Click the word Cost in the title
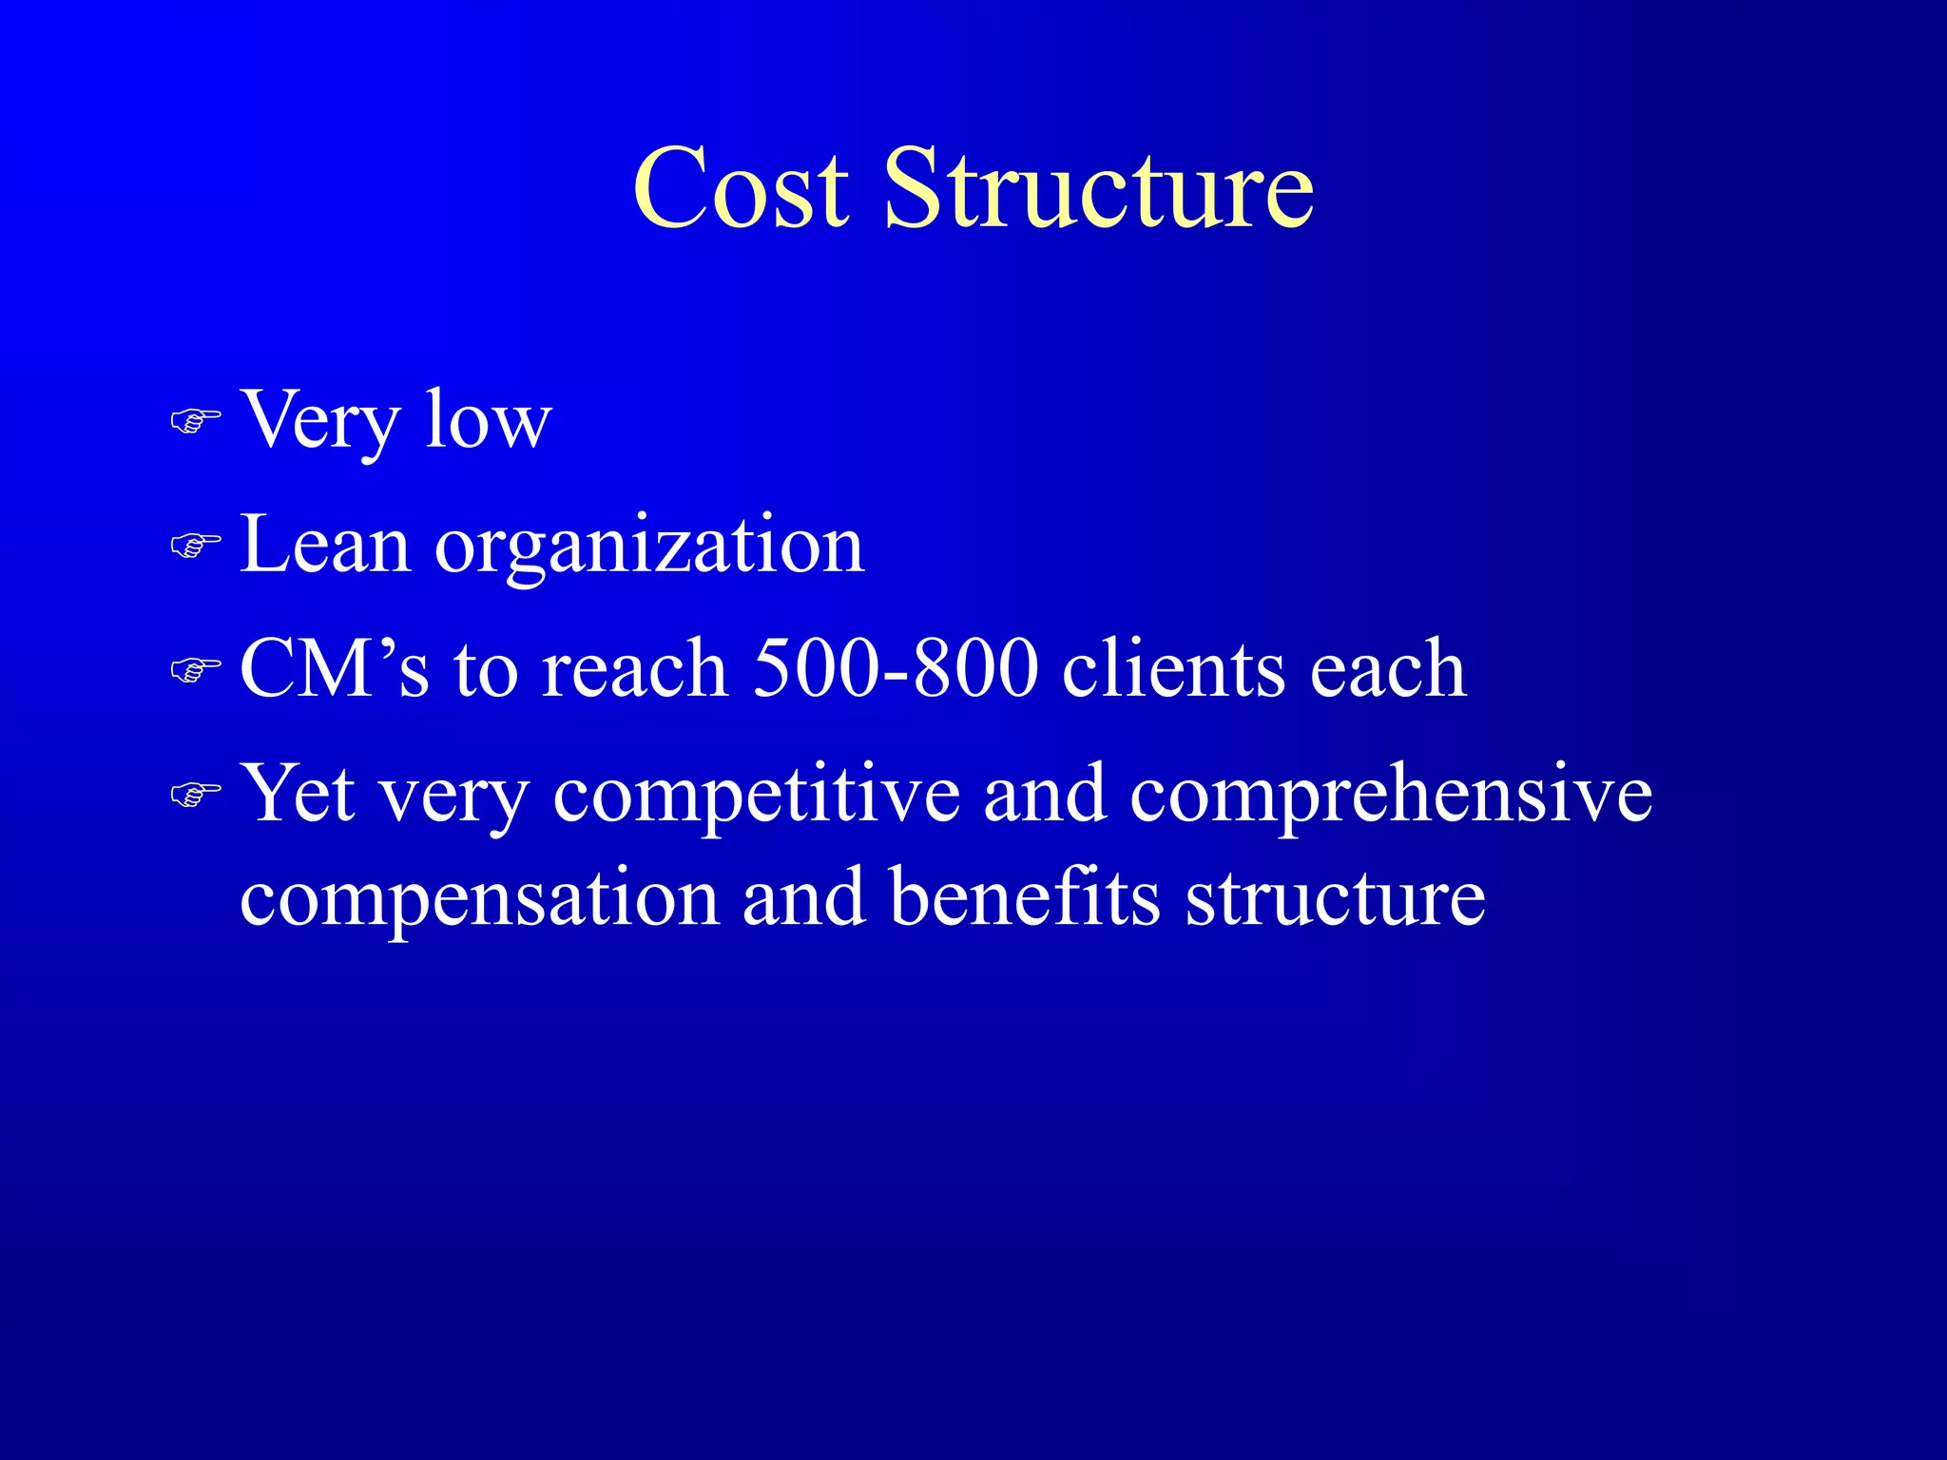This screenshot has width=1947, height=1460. [x=741, y=189]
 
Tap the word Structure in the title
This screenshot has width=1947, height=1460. [x=1099, y=189]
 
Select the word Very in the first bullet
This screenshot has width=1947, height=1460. [x=319, y=421]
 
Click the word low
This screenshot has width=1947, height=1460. [x=488, y=419]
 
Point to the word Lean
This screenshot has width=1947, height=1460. [x=325, y=546]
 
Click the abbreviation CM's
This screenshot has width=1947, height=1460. [x=335, y=668]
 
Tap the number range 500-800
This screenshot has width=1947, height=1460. [x=895, y=668]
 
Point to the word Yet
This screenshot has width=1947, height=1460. [x=299, y=794]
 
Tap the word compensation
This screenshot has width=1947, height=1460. [x=479, y=899]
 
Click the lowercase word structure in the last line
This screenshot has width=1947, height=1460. [x=1335, y=898]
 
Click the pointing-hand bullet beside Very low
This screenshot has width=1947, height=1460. [x=196, y=419]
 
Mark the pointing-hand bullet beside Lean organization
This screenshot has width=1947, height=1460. [x=196, y=545]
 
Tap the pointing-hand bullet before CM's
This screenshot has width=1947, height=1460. [x=196, y=669]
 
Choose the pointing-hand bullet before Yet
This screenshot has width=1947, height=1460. [x=196, y=794]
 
